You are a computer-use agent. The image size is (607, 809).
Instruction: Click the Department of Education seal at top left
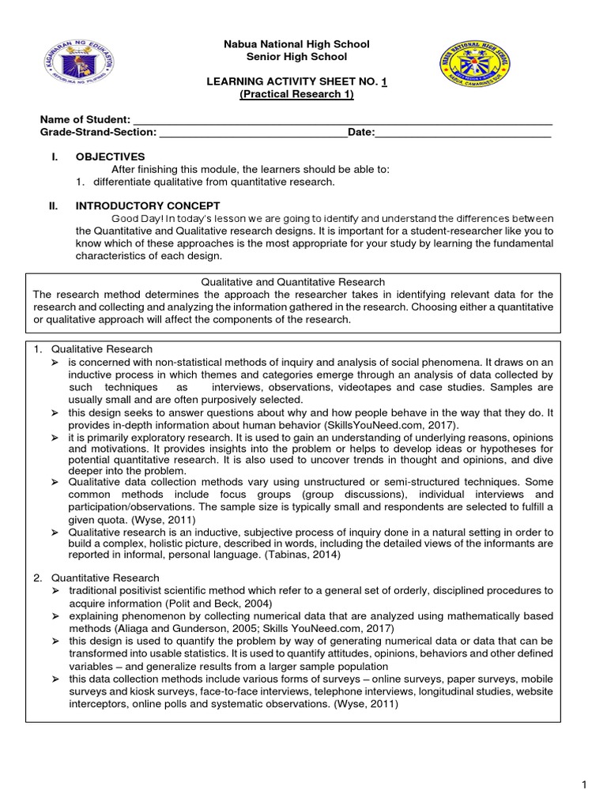[x=67, y=66]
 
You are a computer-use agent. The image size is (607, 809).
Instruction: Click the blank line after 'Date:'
[x=462, y=133]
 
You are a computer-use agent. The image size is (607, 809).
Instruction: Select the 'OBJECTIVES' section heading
[x=110, y=156]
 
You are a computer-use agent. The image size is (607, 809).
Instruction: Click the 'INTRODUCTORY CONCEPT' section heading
[x=136, y=205]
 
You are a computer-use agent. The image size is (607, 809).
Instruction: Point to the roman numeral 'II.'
[x=54, y=205]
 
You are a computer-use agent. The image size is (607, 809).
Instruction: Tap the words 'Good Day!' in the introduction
[x=136, y=219]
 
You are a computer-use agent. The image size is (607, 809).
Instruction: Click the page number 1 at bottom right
[x=583, y=784]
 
